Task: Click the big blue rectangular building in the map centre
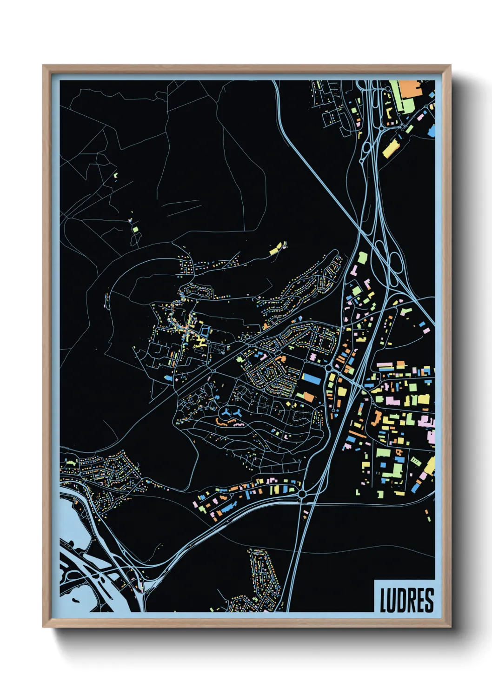tap(312, 378)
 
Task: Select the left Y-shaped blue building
tap(226, 412)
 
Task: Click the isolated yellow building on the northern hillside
tap(277, 248)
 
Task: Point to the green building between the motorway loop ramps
tap(361, 258)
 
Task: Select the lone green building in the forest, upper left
tap(135, 229)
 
